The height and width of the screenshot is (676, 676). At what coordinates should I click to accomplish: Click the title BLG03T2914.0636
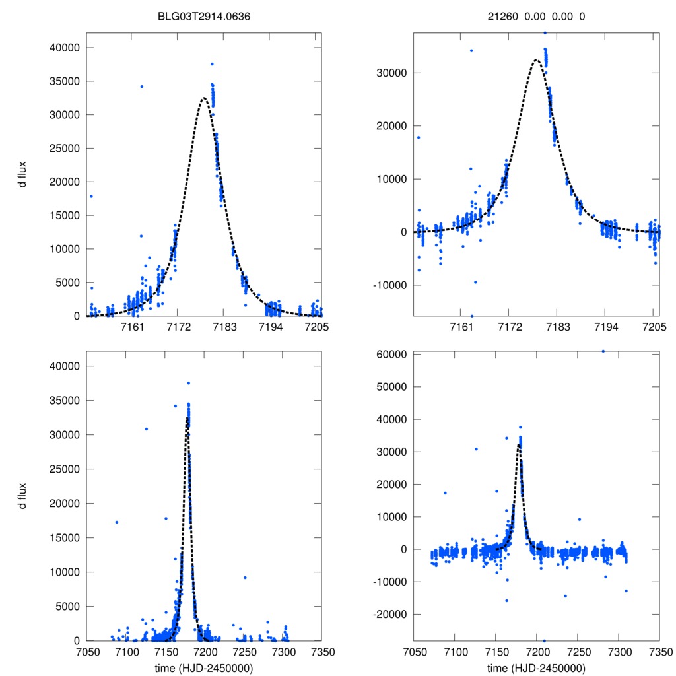click(203, 17)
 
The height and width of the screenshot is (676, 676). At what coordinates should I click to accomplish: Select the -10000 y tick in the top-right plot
click(390, 285)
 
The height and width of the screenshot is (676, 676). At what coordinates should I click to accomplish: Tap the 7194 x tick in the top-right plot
click(606, 327)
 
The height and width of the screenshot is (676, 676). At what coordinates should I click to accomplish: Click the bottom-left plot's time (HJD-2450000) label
click(203, 667)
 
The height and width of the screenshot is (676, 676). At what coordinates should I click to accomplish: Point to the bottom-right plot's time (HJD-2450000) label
click(536, 667)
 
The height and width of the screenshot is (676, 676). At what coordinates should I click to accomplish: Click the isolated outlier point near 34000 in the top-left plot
click(141, 86)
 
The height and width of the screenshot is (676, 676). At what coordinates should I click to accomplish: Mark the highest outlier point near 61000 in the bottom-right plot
click(603, 351)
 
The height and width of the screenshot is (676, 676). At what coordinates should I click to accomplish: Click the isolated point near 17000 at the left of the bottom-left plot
click(117, 522)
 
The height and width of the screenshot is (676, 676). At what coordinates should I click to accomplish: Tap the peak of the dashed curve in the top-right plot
click(536, 60)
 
